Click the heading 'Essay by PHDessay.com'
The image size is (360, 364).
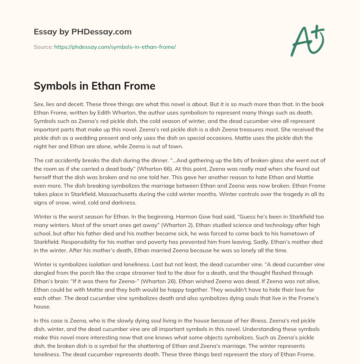pos(83,32)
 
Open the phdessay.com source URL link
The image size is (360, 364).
pos(115,47)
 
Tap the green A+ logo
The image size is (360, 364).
pos(307,40)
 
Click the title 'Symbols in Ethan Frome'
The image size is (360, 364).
pos(95,86)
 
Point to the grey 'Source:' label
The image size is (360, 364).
pos(43,47)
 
